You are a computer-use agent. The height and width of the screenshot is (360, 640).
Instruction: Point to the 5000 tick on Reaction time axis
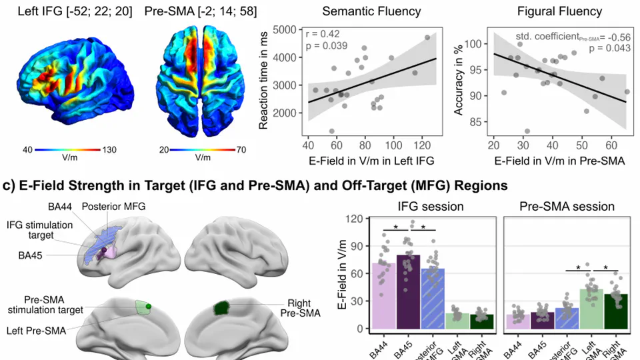click(285, 30)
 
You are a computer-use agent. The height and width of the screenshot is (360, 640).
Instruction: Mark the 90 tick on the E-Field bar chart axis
click(362, 245)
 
